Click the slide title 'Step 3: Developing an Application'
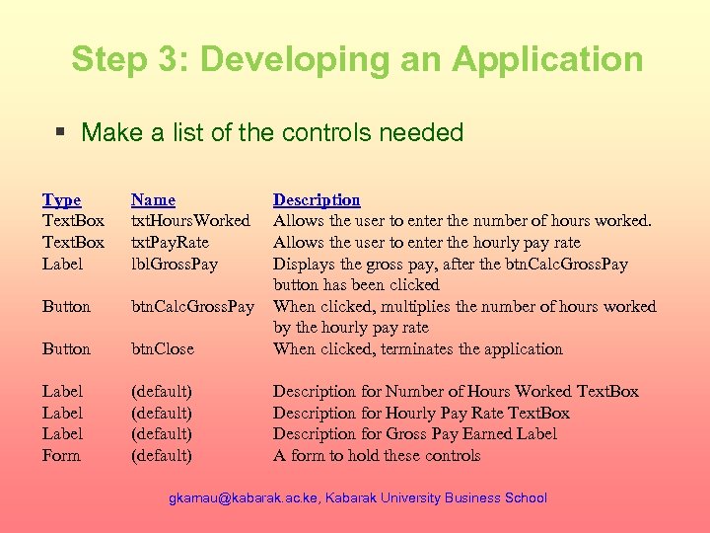coord(356,59)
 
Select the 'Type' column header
coord(61,199)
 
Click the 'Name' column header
coord(153,199)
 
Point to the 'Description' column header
coord(317,199)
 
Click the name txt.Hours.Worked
coord(190,221)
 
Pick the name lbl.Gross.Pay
coord(175,264)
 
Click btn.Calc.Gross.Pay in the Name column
coord(193,306)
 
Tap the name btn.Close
coord(163,348)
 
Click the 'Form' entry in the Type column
coord(61,455)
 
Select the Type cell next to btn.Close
coord(66,348)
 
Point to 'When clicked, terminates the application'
coord(417,348)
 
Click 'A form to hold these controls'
coord(377,455)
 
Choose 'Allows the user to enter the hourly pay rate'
coord(426,242)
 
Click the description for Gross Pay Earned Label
coord(414,433)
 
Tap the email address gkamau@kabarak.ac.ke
coord(239,497)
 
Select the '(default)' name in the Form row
coord(161,455)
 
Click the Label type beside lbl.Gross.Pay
coord(62,264)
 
